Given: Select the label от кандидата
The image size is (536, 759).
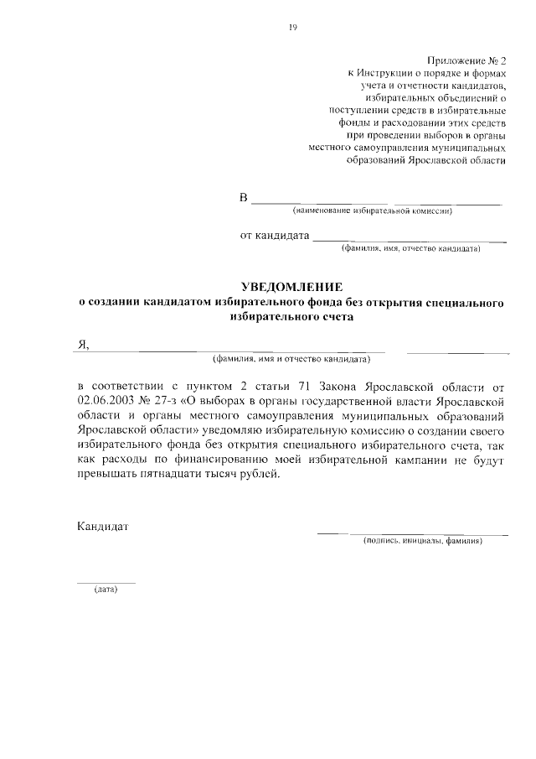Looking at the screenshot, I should [275, 236].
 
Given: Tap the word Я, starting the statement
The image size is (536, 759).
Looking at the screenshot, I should [82, 344].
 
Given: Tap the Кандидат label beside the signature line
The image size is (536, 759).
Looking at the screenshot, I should [102, 527].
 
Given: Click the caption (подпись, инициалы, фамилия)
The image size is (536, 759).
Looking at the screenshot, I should [424, 542].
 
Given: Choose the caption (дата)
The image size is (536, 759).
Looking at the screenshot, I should [106, 589].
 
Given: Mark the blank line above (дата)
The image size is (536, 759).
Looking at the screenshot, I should [106, 581].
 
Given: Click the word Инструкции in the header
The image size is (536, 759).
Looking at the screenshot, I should [390, 75].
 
